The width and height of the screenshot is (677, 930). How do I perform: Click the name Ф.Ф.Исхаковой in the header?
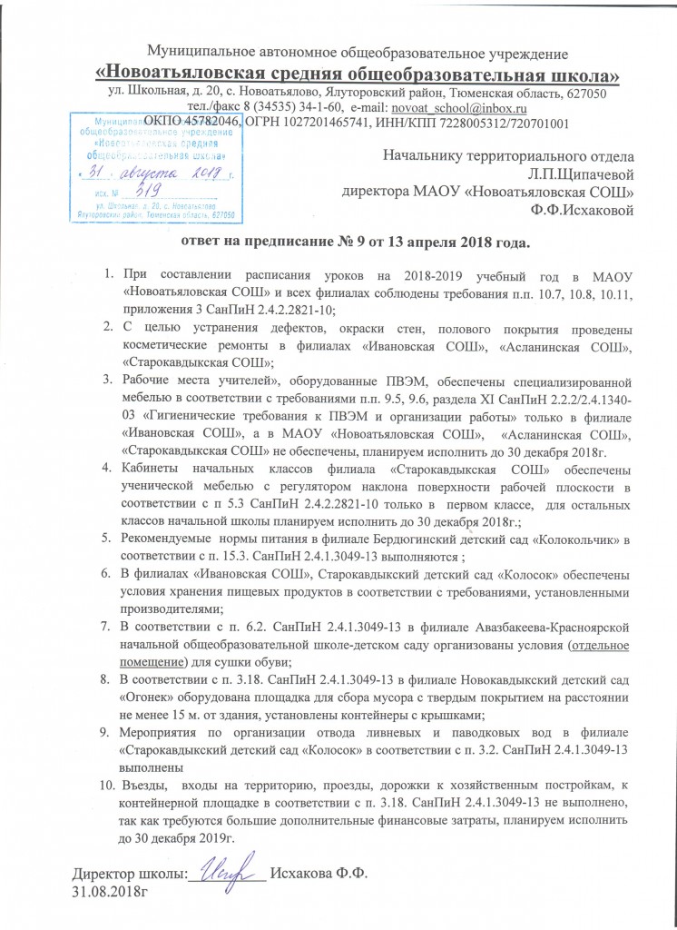[x=581, y=211]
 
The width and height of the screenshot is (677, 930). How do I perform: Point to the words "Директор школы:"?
[x=129, y=873]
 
